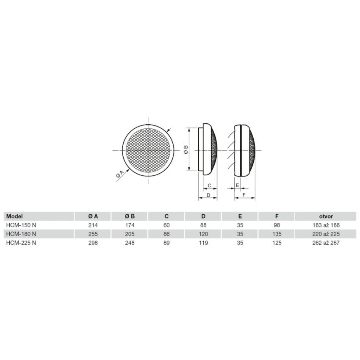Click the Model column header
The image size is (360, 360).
coord(14,216)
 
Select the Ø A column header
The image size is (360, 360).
coord(93,216)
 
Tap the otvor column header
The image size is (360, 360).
coord(326,216)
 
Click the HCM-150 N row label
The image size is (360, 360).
coord(21,225)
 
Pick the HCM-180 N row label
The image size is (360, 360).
coord(21,234)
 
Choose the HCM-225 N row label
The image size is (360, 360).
coord(21,243)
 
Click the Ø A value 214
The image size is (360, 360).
coord(93,225)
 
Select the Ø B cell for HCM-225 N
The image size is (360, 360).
coord(130,243)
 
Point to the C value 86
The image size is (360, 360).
coord(166,234)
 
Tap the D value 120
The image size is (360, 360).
coord(203,234)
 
